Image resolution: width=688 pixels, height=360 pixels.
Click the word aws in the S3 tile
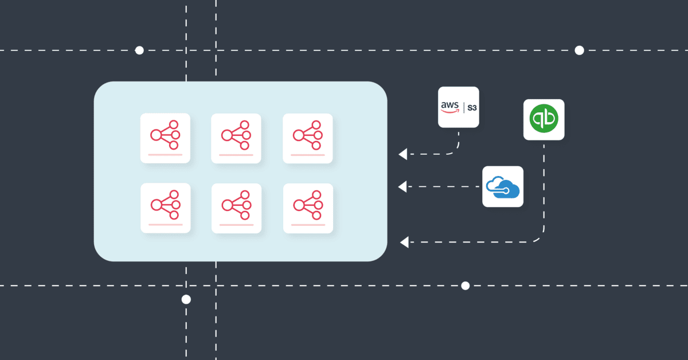coord(449,106)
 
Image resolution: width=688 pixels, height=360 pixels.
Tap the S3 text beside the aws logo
coord(472,107)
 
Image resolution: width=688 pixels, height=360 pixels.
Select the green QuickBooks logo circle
coord(544,119)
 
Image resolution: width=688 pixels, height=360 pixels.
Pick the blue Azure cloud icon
coord(502,186)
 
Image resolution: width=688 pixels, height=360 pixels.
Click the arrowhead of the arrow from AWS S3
coord(403,154)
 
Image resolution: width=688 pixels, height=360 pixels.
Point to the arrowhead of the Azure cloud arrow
coord(403,186)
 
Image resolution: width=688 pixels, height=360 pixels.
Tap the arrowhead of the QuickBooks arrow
coord(404,242)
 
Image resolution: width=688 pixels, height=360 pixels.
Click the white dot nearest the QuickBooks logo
coord(579,50)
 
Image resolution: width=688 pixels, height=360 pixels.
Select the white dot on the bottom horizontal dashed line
coord(465,285)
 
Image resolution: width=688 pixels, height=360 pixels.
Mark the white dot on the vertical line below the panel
coord(186,299)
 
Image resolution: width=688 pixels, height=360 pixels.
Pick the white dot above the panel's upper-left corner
coord(139,50)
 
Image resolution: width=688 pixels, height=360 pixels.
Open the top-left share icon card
coord(165,138)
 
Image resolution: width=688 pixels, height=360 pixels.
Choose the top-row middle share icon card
coord(236,138)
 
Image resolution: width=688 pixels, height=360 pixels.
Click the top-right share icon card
coord(308,138)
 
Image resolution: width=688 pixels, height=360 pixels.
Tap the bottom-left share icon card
coord(165,208)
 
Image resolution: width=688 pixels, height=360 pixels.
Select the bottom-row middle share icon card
coord(236,208)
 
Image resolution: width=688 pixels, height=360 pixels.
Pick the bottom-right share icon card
coord(308,208)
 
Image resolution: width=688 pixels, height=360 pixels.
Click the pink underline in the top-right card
coord(308,155)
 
